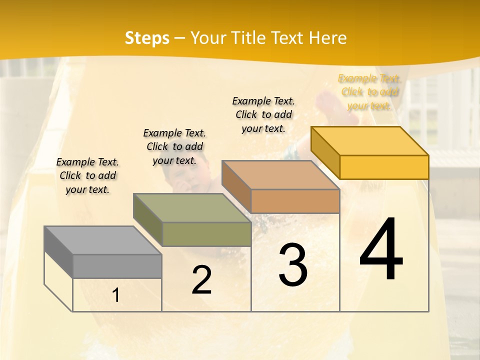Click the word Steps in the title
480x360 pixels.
tap(147, 38)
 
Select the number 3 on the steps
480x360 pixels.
tap(293, 265)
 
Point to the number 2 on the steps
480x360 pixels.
tap(201, 280)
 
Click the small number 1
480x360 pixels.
tap(115, 295)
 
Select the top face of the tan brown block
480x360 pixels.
tap(280, 175)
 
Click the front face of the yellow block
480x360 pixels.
tap(384, 167)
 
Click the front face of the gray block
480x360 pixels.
tap(117, 266)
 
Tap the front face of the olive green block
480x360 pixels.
tap(206, 234)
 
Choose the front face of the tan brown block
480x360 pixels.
tap(295, 201)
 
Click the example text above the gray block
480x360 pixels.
tap(87, 175)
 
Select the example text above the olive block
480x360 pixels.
tap(174, 146)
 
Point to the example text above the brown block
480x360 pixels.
tap(263, 114)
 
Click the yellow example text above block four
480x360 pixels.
tap(369, 92)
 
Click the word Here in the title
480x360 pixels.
tap(328, 38)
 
